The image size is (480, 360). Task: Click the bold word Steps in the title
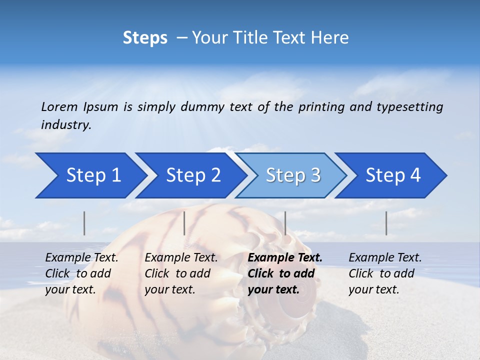(145, 37)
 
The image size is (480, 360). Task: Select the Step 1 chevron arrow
(90, 175)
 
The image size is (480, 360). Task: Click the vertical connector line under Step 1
(84, 223)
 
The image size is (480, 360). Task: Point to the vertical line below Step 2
(184, 223)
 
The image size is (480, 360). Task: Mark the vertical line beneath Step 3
(285, 223)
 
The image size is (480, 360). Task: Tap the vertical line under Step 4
(386, 223)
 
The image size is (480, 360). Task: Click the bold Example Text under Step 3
(285, 258)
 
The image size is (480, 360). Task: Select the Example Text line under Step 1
(81, 258)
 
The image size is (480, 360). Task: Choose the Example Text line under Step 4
(385, 258)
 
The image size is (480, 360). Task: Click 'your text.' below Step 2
(169, 289)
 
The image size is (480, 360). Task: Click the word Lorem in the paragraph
(59, 106)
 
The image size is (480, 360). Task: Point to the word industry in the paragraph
(65, 125)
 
